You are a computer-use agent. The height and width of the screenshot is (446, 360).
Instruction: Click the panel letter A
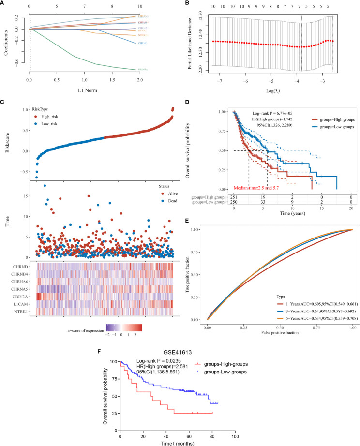3,4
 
